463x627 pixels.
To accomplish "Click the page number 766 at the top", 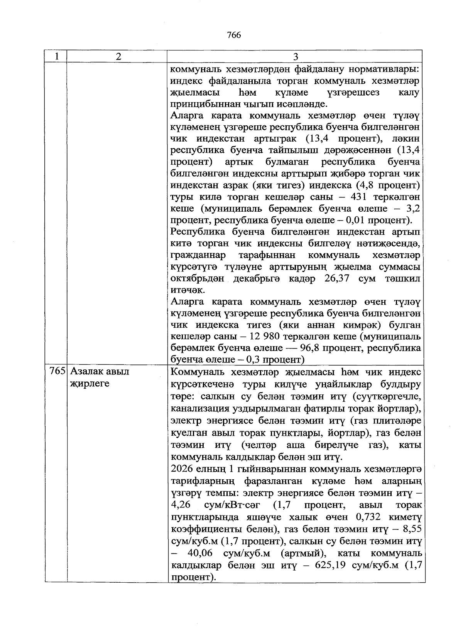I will [234, 35].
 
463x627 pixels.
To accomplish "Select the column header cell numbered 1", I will [57, 56].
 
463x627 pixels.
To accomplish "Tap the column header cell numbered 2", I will [118, 56].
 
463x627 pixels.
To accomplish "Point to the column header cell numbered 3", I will [296, 57].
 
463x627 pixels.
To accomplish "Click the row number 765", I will [57, 372].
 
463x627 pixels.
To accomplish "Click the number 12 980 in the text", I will [265, 336].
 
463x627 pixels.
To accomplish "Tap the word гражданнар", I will [199, 255].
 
